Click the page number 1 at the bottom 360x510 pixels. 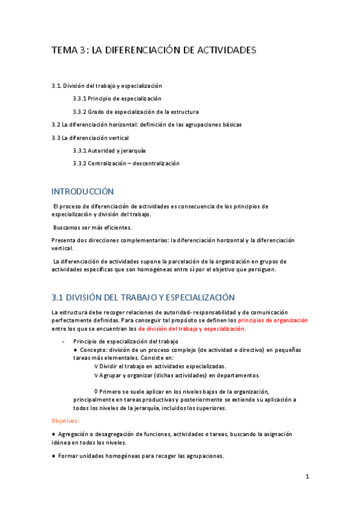[307, 477]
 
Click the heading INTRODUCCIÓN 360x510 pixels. [82, 191]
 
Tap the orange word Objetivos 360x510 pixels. [66, 421]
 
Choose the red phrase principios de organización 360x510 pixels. [273, 321]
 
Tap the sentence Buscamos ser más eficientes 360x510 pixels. [92, 227]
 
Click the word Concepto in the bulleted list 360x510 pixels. [93, 349]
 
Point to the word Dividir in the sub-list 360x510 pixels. [111, 366]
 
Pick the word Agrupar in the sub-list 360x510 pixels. [112, 375]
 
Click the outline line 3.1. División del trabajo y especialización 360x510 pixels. [107, 86]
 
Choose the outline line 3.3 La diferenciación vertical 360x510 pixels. [90, 138]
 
